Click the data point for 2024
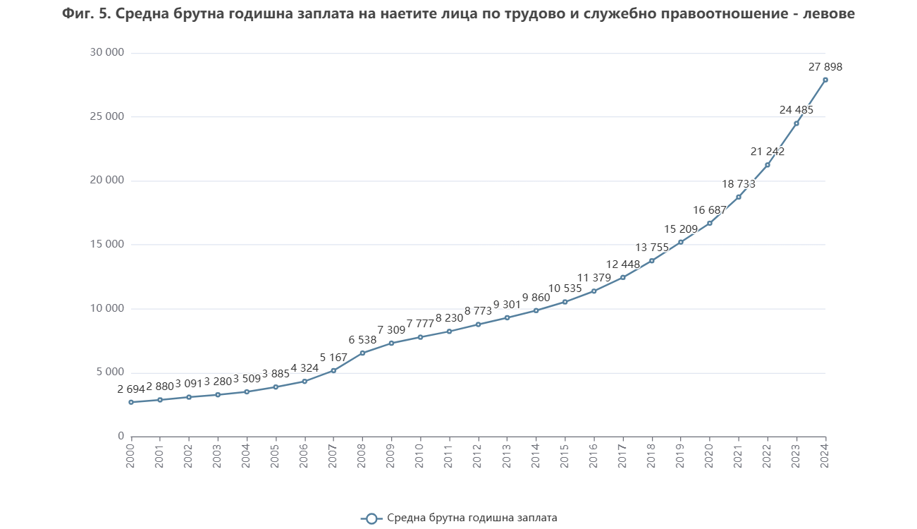coord(825,80)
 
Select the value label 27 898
coord(825,67)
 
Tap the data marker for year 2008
coord(362,353)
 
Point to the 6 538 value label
coord(362,340)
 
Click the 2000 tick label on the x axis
coord(131,453)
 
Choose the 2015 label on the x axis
coord(565,453)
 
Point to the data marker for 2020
coord(710,223)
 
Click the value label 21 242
coord(768,152)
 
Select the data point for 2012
coord(478,324)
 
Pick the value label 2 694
coord(131,389)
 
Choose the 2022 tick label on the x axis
coord(768,453)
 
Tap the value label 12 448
coord(623,264)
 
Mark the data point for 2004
coord(247,391)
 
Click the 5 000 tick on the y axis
coord(110,372)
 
